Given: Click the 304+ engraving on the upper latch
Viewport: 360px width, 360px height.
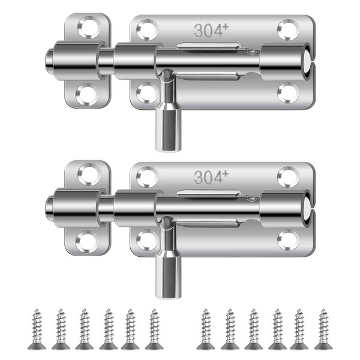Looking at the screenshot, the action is [x=211, y=31].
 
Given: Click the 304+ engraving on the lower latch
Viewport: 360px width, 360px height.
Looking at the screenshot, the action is [x=211, y=178].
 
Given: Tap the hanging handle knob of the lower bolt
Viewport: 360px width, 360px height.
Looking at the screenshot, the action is [x=168, y=275].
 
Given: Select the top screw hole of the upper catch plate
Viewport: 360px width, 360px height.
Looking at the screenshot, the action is [x=89, y=27].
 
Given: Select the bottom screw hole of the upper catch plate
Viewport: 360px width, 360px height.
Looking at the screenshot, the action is [x=87, y=95].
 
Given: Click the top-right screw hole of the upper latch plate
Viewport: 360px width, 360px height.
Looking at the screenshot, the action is [x=289, y=30].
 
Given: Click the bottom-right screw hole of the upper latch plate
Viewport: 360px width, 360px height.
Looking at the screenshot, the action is [x=289, y=93].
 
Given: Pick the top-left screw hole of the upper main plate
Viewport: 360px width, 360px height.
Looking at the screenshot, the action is [x=147, y=30].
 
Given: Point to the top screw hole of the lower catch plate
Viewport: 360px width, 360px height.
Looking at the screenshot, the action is [x=89, y=175].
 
